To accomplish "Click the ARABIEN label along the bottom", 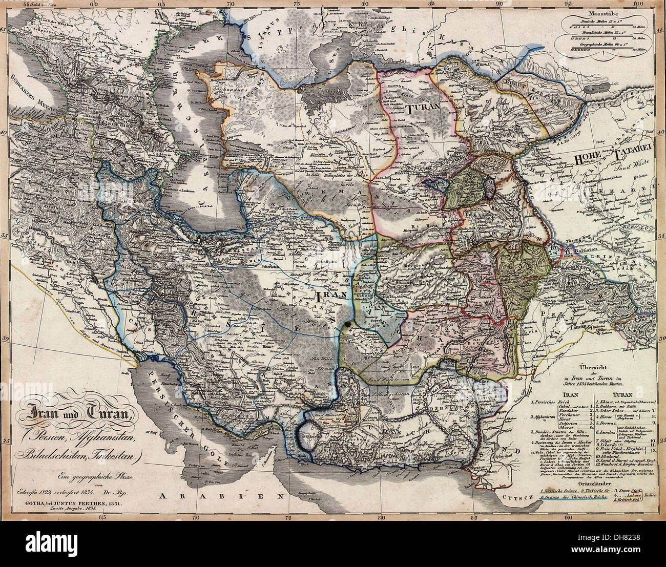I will (x=221, y=496).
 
